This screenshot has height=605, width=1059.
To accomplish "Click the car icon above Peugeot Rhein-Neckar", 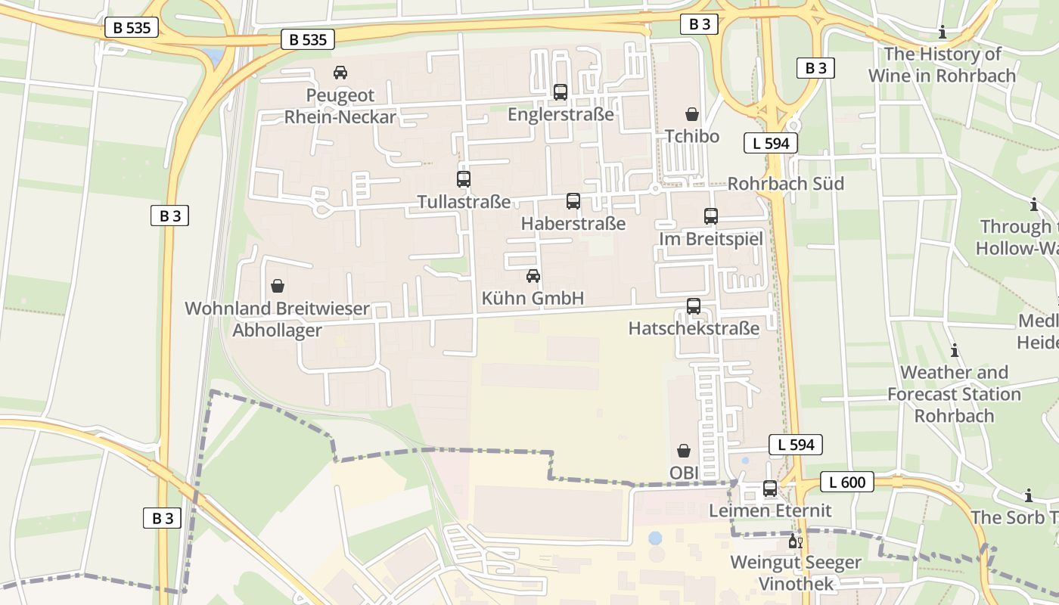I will click(x=340, y=73).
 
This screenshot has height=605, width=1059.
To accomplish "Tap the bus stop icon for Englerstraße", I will click(x=561, y=92).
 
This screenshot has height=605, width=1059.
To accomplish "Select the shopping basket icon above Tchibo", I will click(x=692, y=114).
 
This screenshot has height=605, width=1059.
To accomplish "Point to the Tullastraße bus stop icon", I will click(x=464, y=179).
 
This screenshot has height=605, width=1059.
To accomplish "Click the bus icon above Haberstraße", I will click(x=573, y=201).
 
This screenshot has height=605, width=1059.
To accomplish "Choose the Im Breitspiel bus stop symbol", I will click(x=711, y=216).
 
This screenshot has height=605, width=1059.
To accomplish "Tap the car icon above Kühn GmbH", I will click(x=533, y=276).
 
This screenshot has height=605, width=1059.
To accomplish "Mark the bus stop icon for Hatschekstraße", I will click(x=694, y=306).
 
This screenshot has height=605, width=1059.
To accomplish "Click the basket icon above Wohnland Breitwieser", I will click(x=278, y=286).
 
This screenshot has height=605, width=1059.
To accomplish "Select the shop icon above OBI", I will click(x=684, y=451).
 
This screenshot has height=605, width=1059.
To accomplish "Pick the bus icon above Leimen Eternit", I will click(x=770, y=489).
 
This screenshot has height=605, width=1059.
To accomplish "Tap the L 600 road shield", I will click(x=847, y=482).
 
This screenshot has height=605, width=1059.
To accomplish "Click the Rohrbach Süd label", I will click(x=785, y=184).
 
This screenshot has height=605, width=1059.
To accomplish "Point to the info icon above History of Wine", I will click(x=943, y=32).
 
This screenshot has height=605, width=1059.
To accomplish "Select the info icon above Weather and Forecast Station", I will click(x=955, y=350).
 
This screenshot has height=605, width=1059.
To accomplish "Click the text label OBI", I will click(x=684, y=473).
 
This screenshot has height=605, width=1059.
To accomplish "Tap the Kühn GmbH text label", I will click(x=533, y=299).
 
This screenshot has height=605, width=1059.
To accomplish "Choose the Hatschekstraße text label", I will click(x=694, y=329).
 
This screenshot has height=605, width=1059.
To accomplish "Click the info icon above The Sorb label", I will click(x=1028, y=496).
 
